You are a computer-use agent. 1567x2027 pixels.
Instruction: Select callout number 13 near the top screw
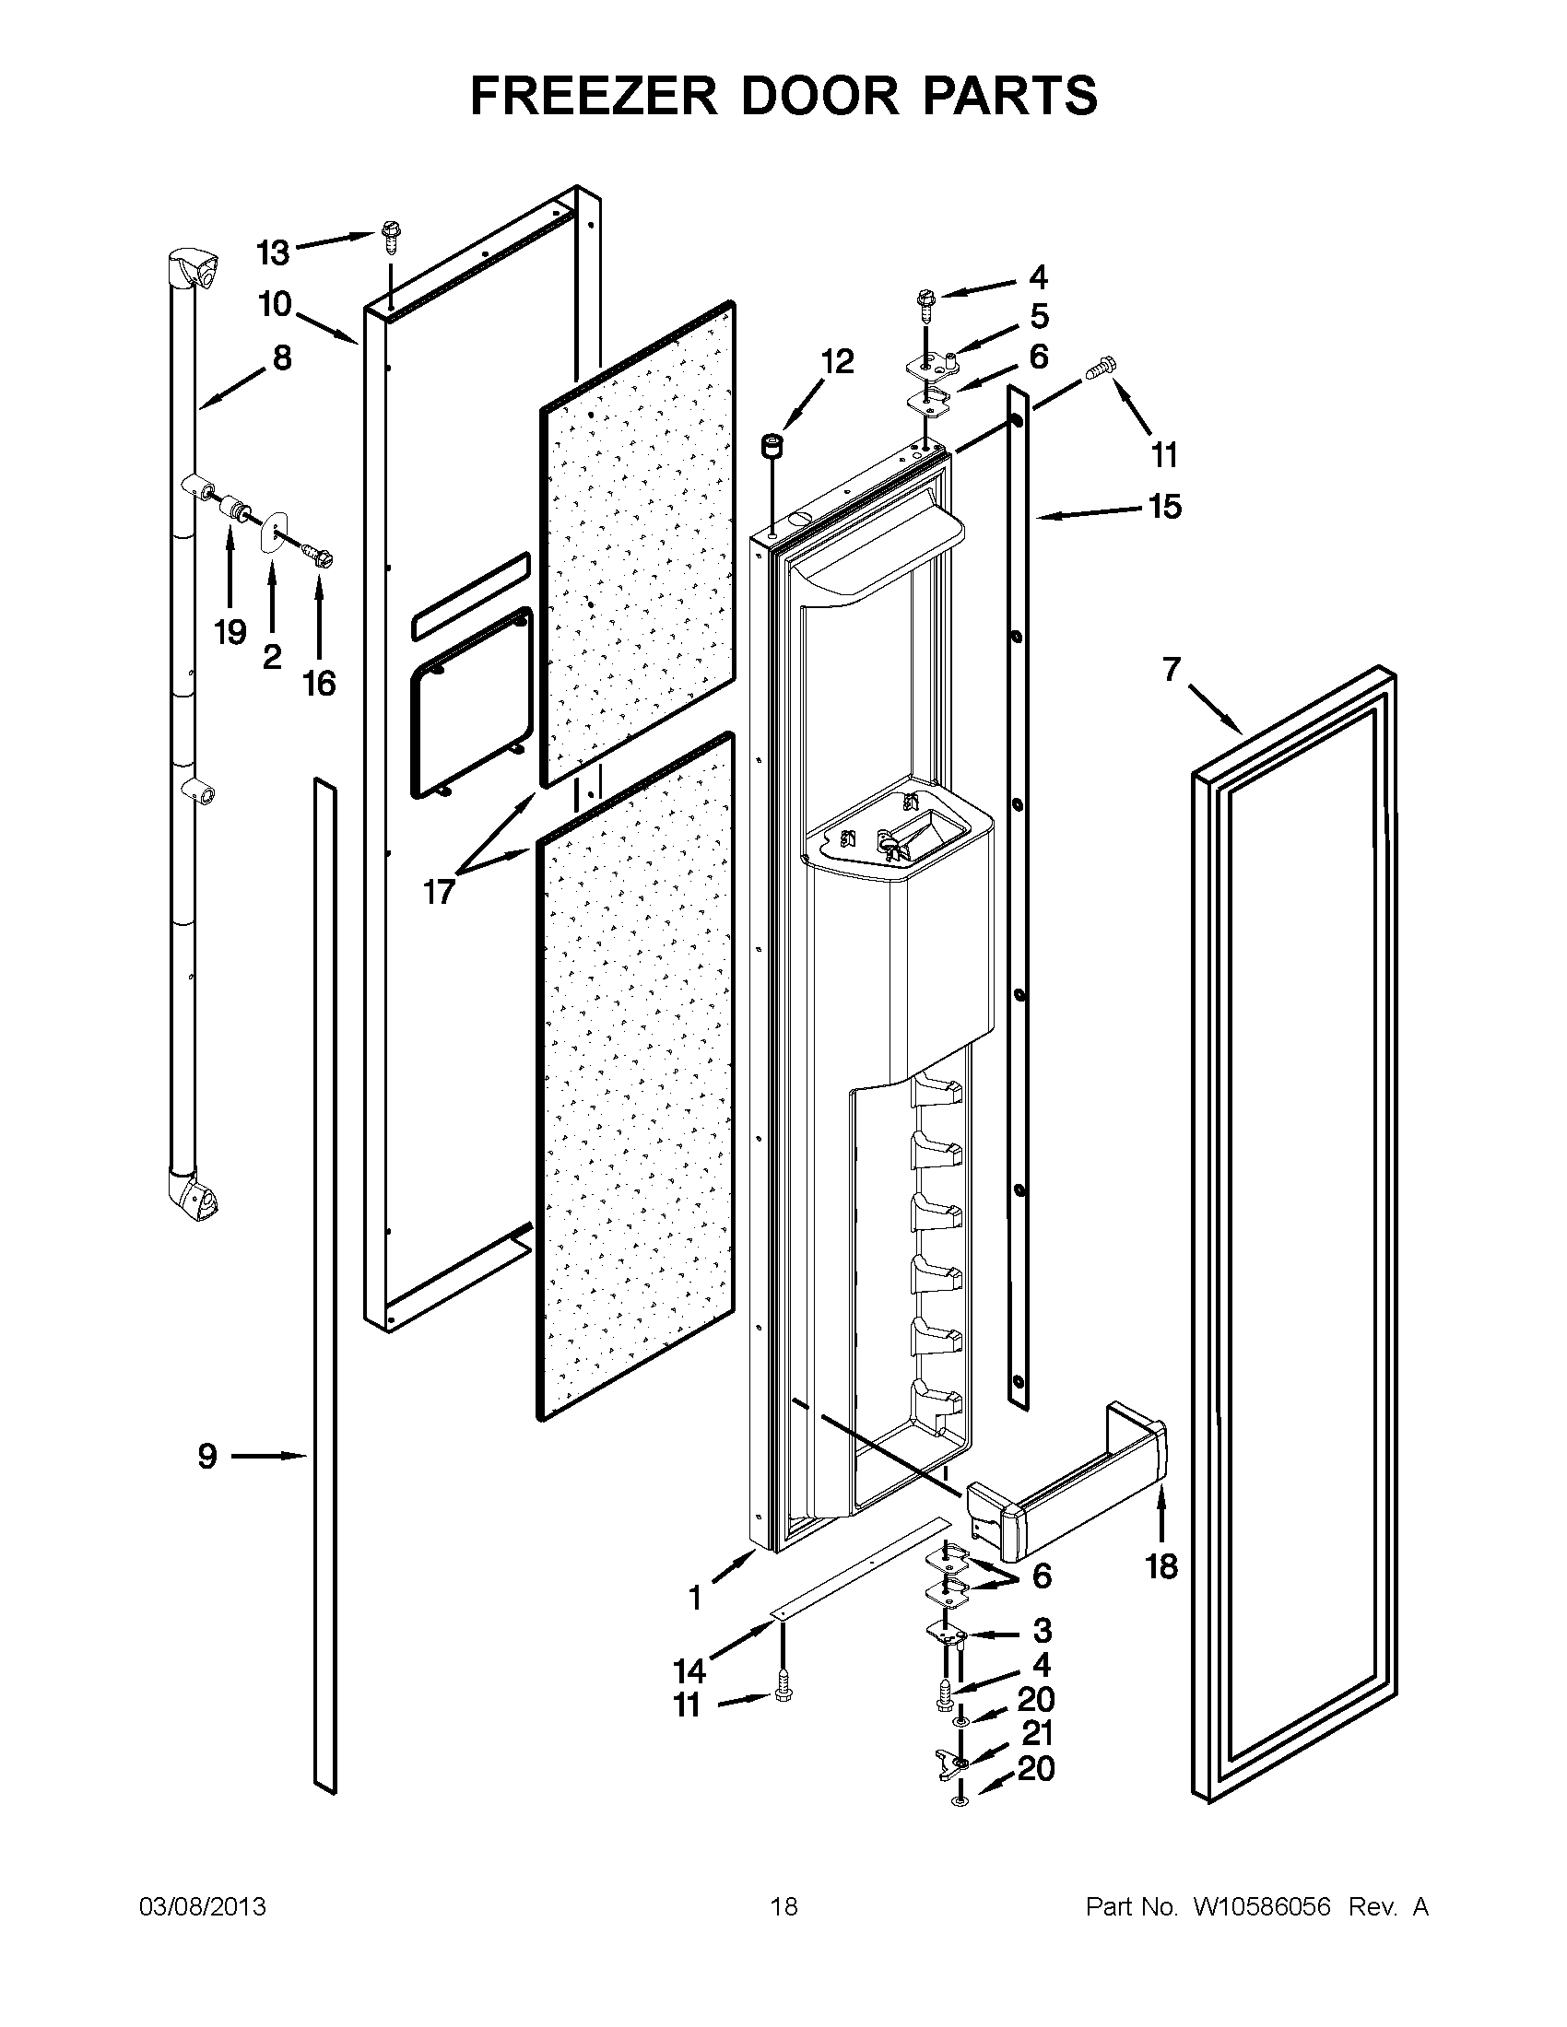pyautogui.click(x=273, y=252)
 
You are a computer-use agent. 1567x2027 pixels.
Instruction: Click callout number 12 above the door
pyautogui.click(x=837, y=362)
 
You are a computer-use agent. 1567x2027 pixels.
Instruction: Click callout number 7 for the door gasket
pyautogui.click(x=1172, y=668)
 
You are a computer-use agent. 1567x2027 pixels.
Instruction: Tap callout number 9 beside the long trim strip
pyautogui.click(x=207, y=1455)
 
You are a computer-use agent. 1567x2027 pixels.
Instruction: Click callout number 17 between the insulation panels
pyautogui.click(x=439, y=892)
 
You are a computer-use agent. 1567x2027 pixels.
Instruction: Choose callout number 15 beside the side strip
pyautogui.click(x=1164, y=507)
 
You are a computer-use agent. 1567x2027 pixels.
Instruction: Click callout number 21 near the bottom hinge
pyautogui.click(x=1036, y=1734)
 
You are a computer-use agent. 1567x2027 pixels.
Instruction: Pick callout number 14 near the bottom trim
pyautogui.click(x=689, y=1671)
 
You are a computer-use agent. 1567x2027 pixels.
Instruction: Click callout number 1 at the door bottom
pyautogui.click(x=694, y=1599)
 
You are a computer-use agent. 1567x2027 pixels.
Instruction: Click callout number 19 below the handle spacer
pyautogui.click(x=230, y=632)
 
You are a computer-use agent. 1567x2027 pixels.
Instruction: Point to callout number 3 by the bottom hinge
pyautogui.click(x=1042, y=1630)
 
